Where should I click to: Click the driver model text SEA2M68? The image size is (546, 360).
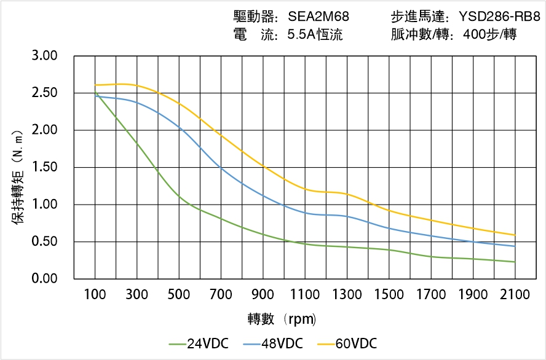pos(318,17)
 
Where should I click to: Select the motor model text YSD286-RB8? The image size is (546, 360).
pos(499,17)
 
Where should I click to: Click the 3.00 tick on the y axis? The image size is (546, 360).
pos(44,56)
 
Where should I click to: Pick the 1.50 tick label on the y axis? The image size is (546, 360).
pos(44,167)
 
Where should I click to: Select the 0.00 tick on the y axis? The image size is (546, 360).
pos(44,279)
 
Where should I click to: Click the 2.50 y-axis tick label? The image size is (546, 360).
pos(44,93)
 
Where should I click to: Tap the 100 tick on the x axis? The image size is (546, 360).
pos(95,295)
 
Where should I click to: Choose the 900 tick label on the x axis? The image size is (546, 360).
pos(263,295)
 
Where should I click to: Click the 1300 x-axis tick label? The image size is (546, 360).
pos(347,295)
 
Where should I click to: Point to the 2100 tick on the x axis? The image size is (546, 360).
pos(515,295)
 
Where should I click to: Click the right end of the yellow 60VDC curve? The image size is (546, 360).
pos(515,235)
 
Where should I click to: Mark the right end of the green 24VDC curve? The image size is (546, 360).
pos(515,262)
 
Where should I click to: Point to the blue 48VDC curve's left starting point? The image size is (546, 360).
pos(95,96)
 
